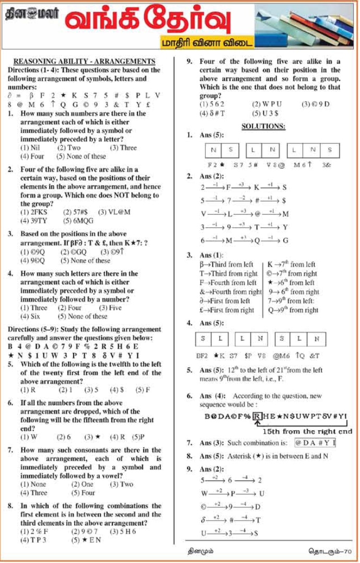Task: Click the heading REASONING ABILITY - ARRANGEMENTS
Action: coord(84,61)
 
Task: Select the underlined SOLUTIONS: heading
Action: coord(263,126)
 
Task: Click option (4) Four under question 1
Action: coord(32,156)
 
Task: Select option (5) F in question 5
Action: coord(143,390)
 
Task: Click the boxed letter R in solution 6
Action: coord(257,416)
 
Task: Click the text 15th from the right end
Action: coord(307,431)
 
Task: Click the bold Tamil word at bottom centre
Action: coord(201,550)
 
